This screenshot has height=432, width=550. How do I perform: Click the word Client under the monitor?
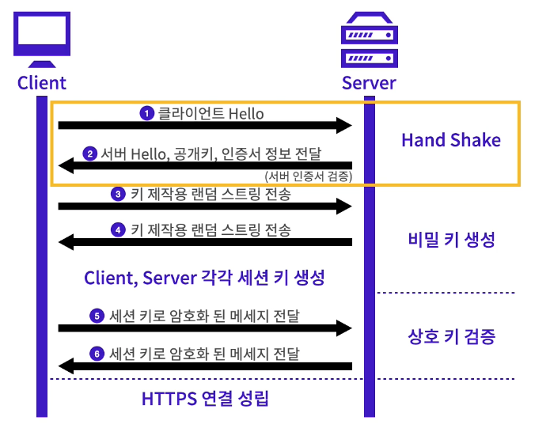pyautogui.click(x=41, y=82)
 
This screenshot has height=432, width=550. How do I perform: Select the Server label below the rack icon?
pyautogui.click(x=369, y=82)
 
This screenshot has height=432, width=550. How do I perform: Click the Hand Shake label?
pyautogui.click(x=451, y=140)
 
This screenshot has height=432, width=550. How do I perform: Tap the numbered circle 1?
pyautogui.click(x=146, y=114)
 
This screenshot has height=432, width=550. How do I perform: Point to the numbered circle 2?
pyautogui.click(x=90, y=153)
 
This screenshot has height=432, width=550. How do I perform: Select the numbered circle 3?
pyautogui.click(x=117, y=194)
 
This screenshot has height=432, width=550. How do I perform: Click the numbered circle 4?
pyautogui.click(x=118, y=231)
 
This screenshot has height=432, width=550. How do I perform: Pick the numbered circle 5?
pyautogui.click(x=97, y=316)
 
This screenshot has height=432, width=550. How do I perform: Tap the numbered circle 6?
pyautogui.click(x=97, y=353)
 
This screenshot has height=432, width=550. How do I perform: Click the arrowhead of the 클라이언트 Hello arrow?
pyautogui.click(x=343, y=125)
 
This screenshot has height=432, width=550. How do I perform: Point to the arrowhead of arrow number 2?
pyautogui.click(x=66, y=165)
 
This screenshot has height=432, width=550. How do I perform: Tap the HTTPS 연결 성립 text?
pyautogui.click(x=206, y=399)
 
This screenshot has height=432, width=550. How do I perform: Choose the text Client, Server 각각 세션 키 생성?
pyautogui.click(x=205, y=279)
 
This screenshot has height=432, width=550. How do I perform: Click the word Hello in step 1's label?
pyautogui.click(x=246, y=114)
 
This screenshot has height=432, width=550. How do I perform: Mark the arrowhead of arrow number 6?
pyautogui.click(x=66, y=365)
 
